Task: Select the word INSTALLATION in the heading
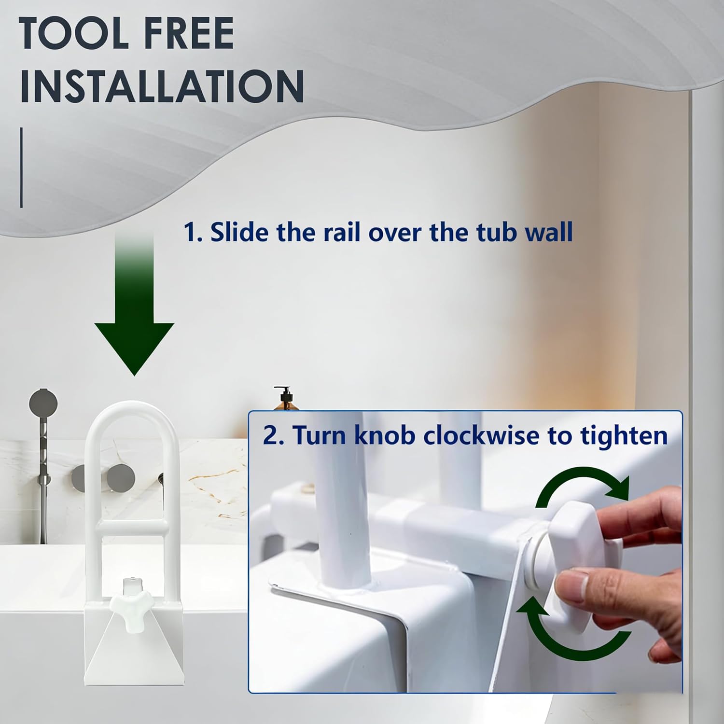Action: (162, 86)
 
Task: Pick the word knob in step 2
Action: (384, 435)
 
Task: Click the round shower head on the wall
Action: (43, 402)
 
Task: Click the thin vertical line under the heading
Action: (21, 167)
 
